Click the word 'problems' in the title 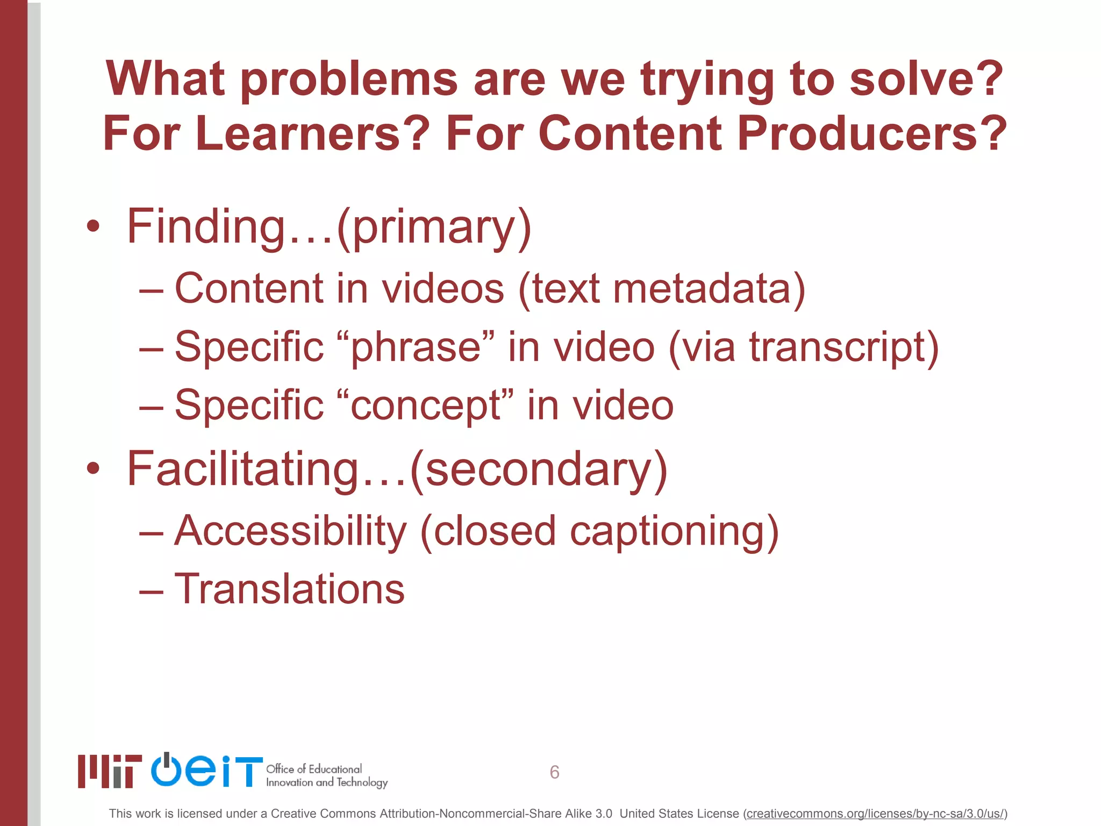coord(348,80)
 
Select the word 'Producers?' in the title coord(871,133)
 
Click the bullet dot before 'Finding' coord(93,226)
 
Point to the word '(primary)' coord(434,227)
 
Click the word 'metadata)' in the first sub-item coord(709,289)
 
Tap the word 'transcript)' coord(844,347)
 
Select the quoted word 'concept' coord(426,405)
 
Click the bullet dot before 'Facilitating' coord(93,468)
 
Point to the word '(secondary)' coord(539,469)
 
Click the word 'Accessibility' coord(291,531)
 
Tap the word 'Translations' coord(289,589)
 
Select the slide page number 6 coord(554,772)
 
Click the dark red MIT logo coord(110,771)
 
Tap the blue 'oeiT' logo coord(206,770)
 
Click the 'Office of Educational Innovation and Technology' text coord(326,775)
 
